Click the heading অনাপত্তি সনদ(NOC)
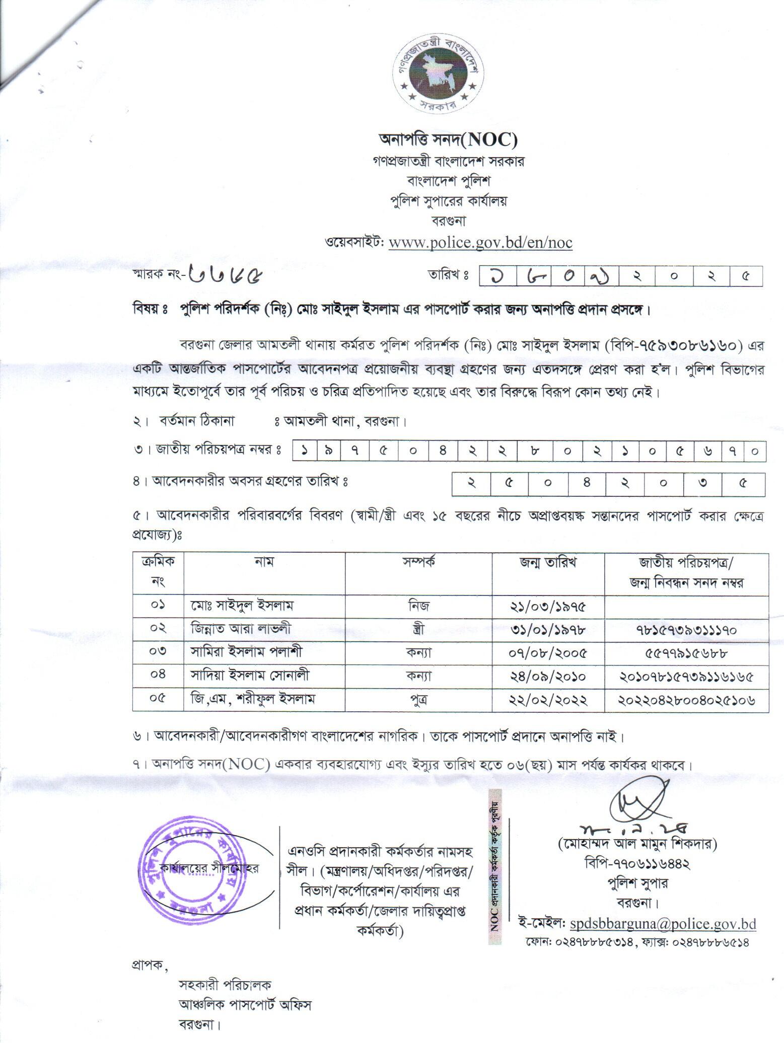[x=448, y=139]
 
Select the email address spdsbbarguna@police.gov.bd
[x=663, y=923]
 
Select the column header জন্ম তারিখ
[x=548, y=563]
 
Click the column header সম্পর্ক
[x=418, y=563]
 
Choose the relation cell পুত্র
[x=418, y=699]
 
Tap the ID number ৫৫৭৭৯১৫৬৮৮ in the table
[x=687, y=653]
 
